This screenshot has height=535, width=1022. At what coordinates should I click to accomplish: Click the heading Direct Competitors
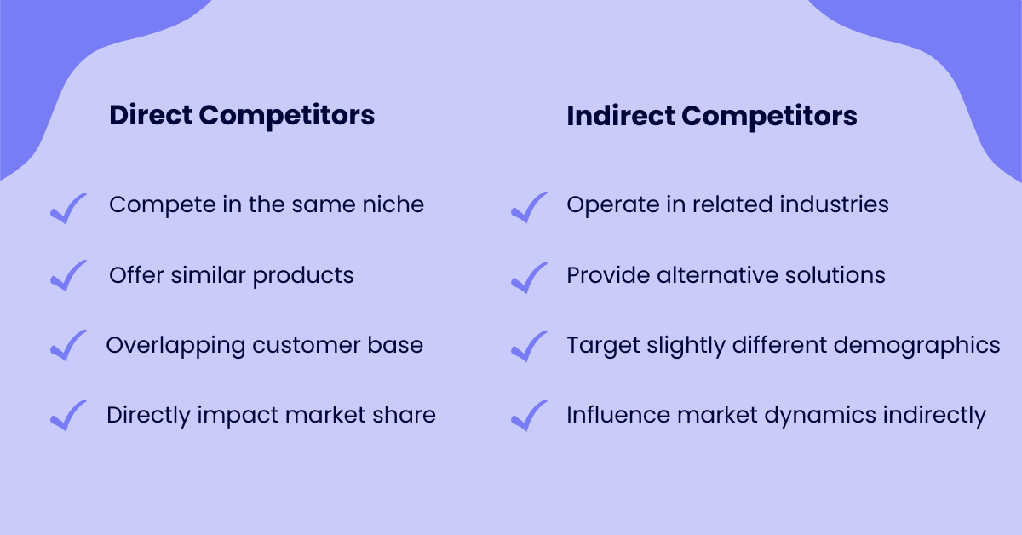pyautogui.click(x=242, y=116)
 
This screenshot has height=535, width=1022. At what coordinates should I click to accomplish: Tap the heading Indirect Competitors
pyautogui.click(x=711, y=116)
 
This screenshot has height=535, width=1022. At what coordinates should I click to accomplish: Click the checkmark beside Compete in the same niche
pyautogui.click(x=68, y=208)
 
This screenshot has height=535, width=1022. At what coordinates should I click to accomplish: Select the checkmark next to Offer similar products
pyautogui.click(x=68, y=277)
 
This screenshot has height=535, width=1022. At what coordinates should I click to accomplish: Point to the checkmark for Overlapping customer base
pyautogui.click(x=68, y=346)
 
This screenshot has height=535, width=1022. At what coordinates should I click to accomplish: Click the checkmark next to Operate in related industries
pyautogui.click(x=529, y=208)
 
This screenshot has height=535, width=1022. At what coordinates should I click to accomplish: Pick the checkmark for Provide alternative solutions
pyautogui.click(x=529, y=277)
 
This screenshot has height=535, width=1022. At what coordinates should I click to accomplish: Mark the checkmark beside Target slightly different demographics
pyautogui.click(x=529, y=346)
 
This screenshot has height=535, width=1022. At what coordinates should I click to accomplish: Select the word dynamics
pyautogui.click(x=807, y=416)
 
